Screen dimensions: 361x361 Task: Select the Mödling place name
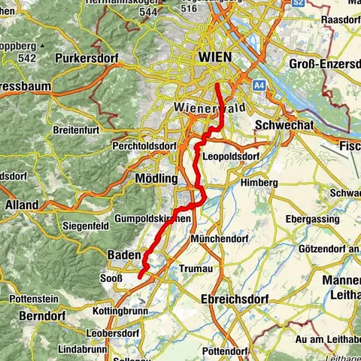(155, 179)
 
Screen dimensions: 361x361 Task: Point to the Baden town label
(123, 255)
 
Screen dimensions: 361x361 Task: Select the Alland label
(22, 204)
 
